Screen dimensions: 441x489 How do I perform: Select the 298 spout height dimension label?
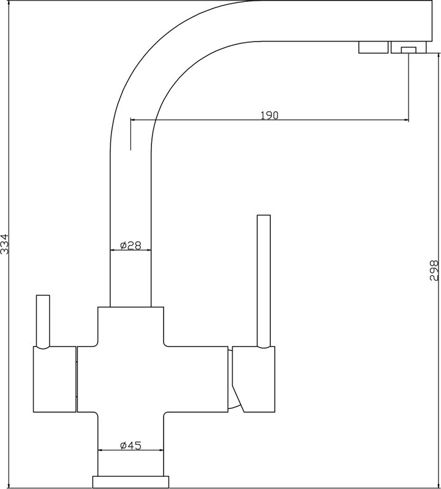click(434, 270)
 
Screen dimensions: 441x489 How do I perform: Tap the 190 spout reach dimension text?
click(269, 116)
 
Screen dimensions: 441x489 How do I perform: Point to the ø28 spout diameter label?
click(130, 246)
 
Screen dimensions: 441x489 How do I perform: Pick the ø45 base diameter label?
click(130, 446)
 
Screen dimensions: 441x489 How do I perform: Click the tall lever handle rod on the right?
click(263, 281)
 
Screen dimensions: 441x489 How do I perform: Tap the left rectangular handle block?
click(55, 379)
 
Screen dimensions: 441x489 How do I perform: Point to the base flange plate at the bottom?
click(130, 482)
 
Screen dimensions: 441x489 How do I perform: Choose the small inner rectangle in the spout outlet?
click(409, 50)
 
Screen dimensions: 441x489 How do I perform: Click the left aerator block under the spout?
click(373, 47)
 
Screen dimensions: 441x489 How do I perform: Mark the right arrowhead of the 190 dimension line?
click(406, 119)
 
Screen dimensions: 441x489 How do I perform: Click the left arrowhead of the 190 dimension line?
click(133, 119)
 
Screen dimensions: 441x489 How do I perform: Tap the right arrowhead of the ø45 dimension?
click(161, 450)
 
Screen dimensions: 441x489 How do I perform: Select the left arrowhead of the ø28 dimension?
click(113, 250)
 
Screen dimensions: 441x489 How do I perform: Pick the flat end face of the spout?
click(432, 21)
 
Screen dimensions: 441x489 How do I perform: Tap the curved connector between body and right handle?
click(230, 379)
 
